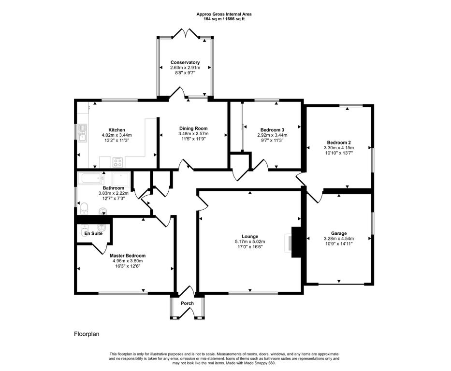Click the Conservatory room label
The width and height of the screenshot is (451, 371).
185,62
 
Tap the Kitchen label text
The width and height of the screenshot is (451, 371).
116,130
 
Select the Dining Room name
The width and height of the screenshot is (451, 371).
193,128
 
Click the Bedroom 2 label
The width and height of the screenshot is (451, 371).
339,143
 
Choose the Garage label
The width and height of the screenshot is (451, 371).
339,233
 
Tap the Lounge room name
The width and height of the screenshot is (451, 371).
250,237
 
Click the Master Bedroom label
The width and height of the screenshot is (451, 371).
128,256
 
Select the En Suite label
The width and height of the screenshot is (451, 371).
93,233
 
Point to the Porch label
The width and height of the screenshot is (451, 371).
187,303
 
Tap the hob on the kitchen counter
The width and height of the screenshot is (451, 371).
117,162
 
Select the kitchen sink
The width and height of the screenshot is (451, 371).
83,132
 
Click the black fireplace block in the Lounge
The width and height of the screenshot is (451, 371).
296,242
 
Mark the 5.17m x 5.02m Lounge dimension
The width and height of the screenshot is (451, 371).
250,242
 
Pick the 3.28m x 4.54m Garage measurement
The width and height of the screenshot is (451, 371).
339,239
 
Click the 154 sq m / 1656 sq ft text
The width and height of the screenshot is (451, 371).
224,19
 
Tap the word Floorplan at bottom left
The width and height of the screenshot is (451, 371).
87,334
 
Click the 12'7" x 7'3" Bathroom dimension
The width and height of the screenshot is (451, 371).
113,198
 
